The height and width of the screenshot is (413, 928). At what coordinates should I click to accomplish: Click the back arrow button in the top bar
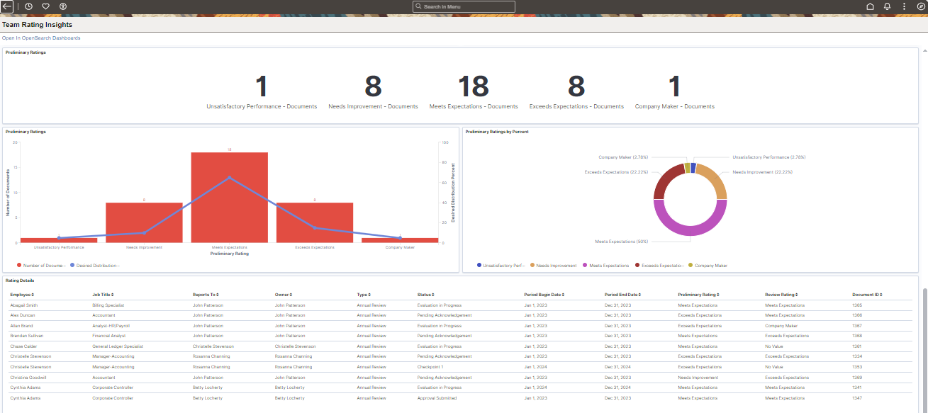(7, 6)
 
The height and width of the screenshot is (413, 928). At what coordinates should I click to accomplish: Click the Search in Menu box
(464, 6)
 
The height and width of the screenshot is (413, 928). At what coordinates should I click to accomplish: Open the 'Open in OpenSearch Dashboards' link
(41, 38)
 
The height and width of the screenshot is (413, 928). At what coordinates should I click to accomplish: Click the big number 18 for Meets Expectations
(473, 86)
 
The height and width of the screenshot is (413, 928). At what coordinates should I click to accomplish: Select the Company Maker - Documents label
(674, 106)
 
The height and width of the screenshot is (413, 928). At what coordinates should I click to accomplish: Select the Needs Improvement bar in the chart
(144, 223)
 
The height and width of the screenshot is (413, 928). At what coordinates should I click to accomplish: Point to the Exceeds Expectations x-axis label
(314, 247)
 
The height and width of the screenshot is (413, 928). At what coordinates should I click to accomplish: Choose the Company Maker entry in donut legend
(710, 266)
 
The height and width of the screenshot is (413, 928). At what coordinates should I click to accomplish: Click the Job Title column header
(102, 294)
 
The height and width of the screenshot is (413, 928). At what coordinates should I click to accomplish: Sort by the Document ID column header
(866, 294)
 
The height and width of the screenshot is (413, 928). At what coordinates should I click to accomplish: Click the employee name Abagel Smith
(24, 305)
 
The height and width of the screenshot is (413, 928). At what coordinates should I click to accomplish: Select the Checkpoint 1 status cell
(430, 367)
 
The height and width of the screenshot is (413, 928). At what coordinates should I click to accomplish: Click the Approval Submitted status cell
(437, 398)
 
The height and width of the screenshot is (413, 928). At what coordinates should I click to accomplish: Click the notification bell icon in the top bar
(887, 6)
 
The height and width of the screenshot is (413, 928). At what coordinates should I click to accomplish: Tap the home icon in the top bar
(870, 6)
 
